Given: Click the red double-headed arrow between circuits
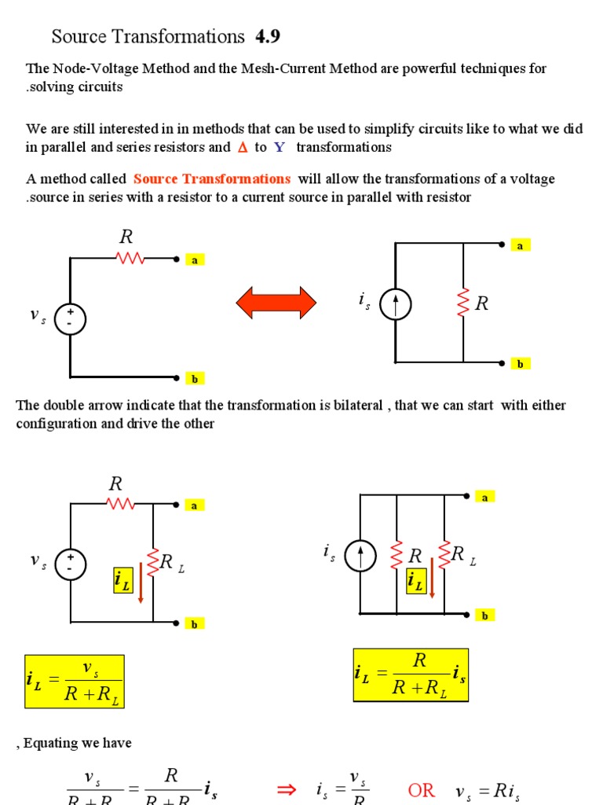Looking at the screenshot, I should pos(276,303).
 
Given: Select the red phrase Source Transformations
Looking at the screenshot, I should pos(212,178).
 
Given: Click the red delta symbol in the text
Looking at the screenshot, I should pos(242,147).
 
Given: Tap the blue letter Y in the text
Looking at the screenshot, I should pos(279,147).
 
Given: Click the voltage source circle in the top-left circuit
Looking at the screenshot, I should pos(70,319).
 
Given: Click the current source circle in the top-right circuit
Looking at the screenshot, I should pos(395,304).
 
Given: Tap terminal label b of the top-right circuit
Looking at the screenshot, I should pos(520,363).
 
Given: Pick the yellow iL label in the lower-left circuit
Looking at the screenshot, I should pos(123,581).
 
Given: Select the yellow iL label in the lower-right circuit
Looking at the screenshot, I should pos(415,583).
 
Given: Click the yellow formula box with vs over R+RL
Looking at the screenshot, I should pos(75,681).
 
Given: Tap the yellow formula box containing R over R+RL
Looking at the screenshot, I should pos(411,675).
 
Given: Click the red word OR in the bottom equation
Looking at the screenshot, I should pos(421,790).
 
